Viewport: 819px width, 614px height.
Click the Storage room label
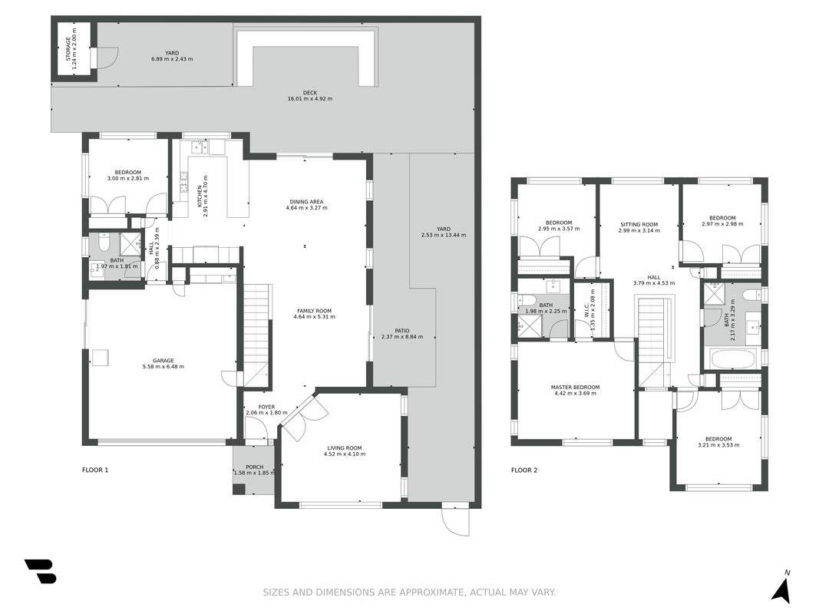[x=68, y=49]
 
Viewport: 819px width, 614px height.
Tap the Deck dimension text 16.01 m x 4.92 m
[x=310, y=99]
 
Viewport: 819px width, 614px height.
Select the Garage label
[x=163, y=360]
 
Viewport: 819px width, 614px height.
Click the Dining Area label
[x=306, y=202]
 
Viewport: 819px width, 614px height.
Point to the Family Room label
[x=315, y=311]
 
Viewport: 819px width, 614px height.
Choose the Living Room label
[x=345, y=448]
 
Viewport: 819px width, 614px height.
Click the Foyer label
[x=266, y=408]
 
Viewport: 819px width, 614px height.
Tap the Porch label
[x=254, y=467]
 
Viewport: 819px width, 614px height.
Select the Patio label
[x=402, y=331]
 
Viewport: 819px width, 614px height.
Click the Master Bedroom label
[x=575, y=388]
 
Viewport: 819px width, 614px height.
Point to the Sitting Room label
[x=639, y=225]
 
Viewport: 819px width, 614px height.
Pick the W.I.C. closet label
[x=587, y=309]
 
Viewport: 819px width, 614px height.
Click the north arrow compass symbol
[x=781, y=587]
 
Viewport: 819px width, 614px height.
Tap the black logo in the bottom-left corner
[x=40, y=571]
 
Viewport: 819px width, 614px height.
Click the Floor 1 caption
[x=95, y=470]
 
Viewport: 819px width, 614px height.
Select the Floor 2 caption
[x=524, y=470]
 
